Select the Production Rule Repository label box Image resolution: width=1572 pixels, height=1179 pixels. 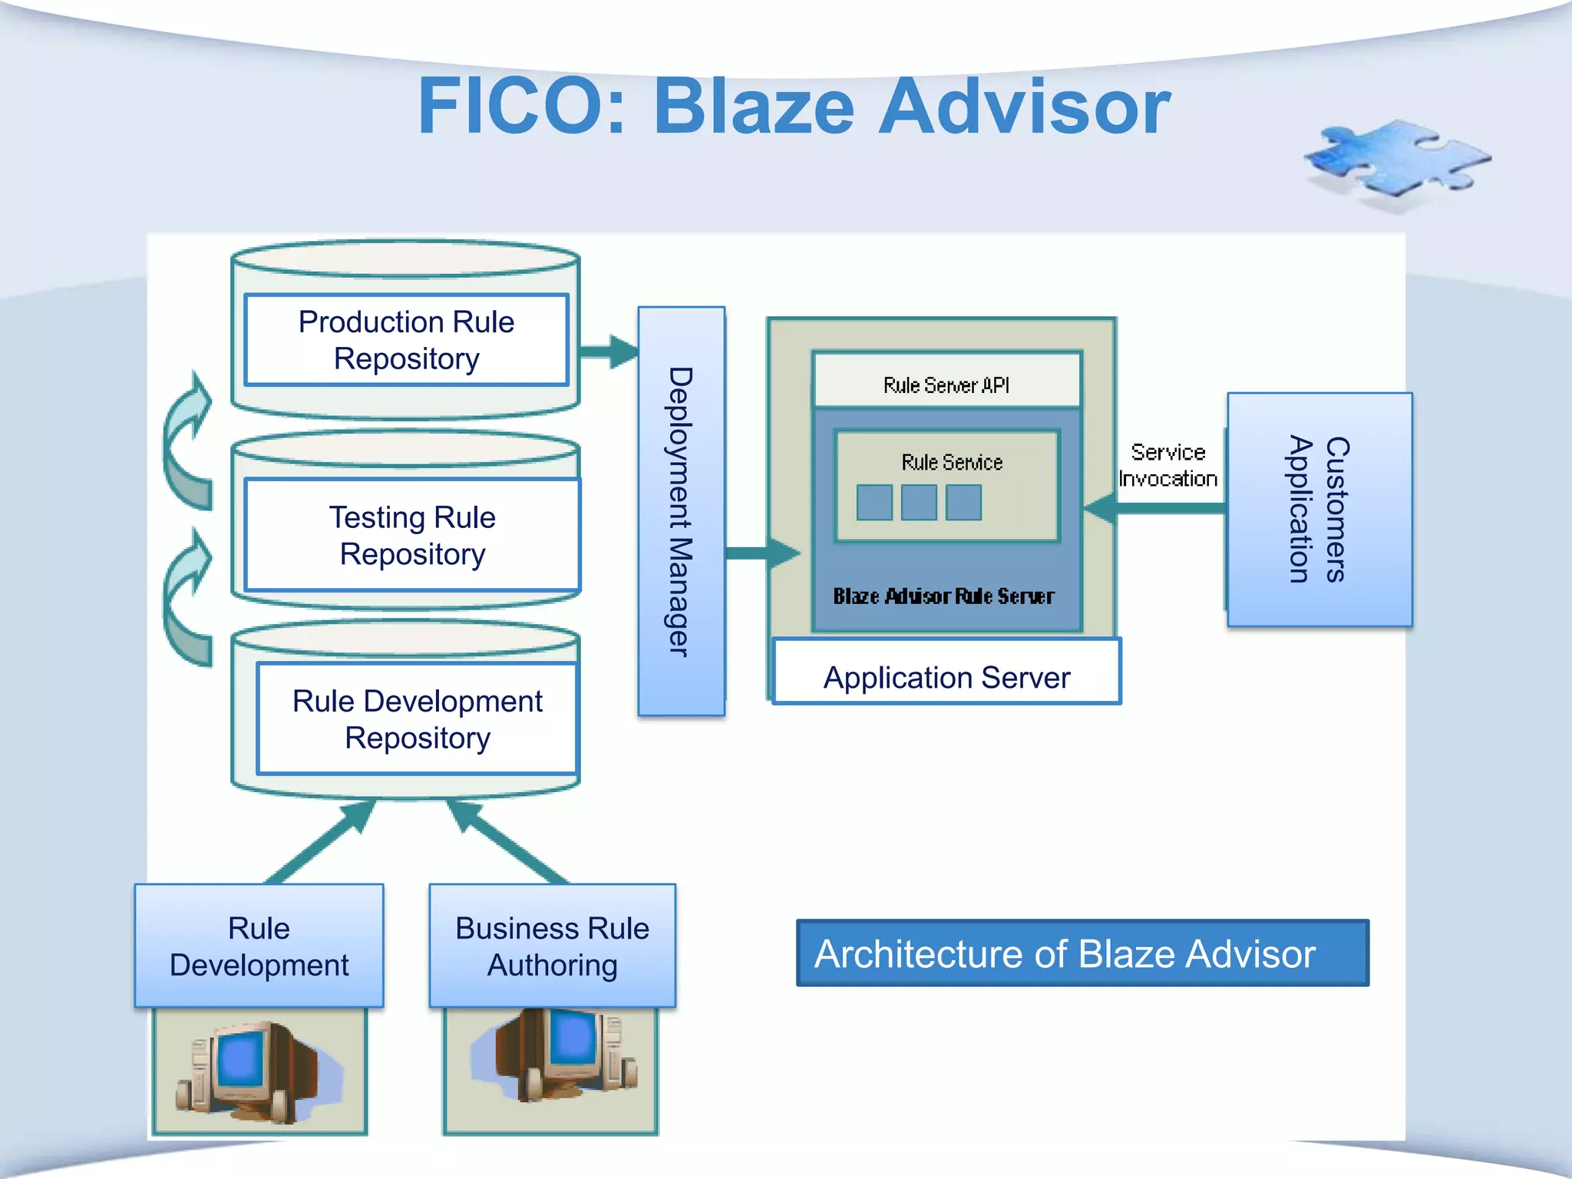coord(406,340)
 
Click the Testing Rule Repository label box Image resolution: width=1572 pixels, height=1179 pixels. coord(412,535)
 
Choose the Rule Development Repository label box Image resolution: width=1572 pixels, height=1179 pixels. coord(417,719)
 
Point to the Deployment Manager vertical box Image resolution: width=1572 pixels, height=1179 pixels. coord(681,511)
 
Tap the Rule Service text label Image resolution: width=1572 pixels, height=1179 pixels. coord(952,462)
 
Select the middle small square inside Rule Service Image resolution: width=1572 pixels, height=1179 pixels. coord(919,503)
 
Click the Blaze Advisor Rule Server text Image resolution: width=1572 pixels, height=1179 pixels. coord(943,596)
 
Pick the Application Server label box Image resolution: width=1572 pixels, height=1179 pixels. coord(946,677)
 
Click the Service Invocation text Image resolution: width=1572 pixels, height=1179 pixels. coord(1167,465)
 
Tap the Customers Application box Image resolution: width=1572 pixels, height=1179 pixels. coord(1319,510)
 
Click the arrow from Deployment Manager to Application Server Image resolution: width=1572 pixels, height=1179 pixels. coord(761,553)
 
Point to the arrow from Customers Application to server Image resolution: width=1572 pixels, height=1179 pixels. coord(1155,508)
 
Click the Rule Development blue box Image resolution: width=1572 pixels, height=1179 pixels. coord(259,946)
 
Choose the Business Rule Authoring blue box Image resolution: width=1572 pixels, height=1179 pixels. coord(552,946)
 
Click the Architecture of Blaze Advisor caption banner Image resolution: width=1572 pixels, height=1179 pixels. coord(1082,953)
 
